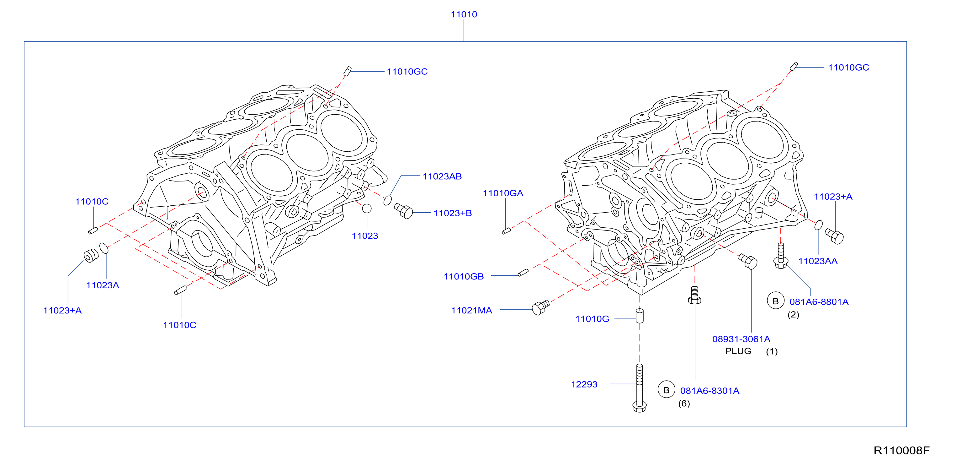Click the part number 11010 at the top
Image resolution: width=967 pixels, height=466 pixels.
click(x=464, y=14)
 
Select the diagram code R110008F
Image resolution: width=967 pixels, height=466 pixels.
click(x=901, y=450)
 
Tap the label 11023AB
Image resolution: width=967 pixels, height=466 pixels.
click(x=442, y=176)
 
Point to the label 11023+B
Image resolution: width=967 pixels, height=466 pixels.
click(x=452, y=213)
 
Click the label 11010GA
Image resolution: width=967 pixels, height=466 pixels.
click(x=503, y=193)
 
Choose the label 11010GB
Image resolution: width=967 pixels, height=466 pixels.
click(x=463, y=277)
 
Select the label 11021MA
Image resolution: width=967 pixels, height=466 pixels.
click(x=471, y=311)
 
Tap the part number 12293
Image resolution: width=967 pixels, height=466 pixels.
click(x=584, y=384)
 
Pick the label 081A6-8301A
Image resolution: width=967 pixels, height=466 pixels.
click(x=709, y=391)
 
